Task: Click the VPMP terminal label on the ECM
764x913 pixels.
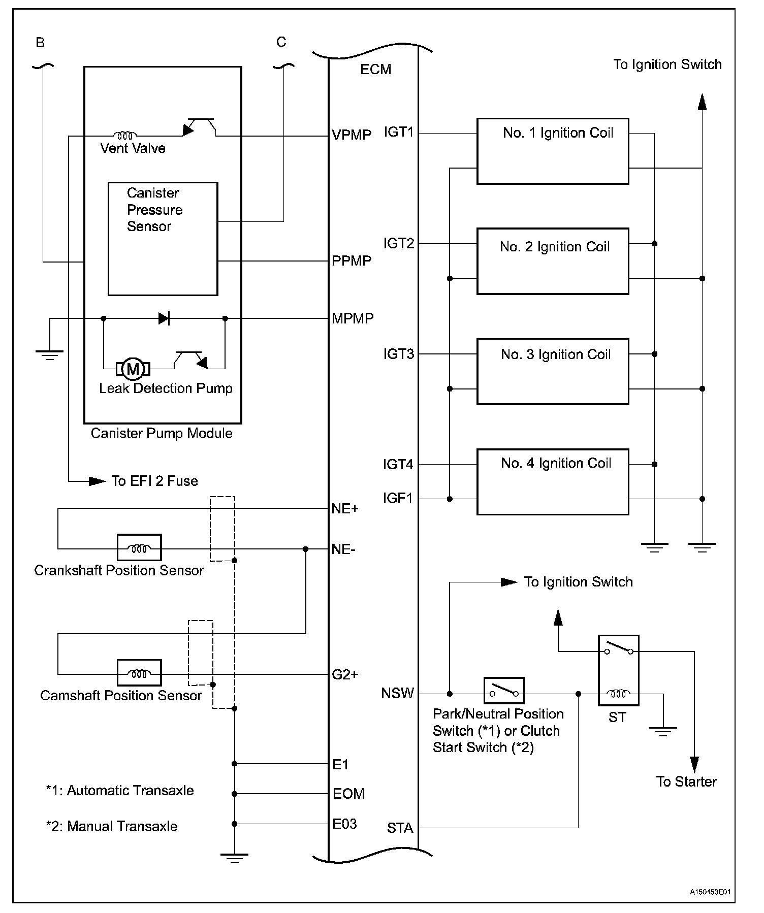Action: (x=352, y=135)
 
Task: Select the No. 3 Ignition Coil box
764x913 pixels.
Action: (x=553, y=371)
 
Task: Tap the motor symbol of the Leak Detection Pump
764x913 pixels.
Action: (x=133, y=369)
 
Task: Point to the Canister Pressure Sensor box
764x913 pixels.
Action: (x=163, y=239)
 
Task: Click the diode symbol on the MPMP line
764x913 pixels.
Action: (x=164, y=319)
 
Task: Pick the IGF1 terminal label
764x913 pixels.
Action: (x=398, y=499)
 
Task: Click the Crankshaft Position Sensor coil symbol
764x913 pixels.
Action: (x=139, y=547)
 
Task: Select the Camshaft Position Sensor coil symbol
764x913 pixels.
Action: (x=139, y=673)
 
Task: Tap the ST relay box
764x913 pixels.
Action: (x=618, y=670)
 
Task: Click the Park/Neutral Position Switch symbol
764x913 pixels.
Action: (x=503, y=691)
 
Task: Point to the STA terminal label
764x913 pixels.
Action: (x=400, y=828)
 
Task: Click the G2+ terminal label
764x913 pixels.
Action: (x=345, y=674)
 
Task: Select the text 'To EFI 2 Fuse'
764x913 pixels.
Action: (x=154, y=481)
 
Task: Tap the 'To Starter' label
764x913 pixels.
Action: (x=686, y=781)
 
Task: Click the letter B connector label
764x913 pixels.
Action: (x=40, y=43)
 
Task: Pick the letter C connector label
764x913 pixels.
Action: (x=281, y=42)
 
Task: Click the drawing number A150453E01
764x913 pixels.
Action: (x=710, y=892)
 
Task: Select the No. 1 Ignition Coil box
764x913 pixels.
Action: (x=553, y=151)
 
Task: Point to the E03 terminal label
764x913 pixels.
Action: (x=344, y=824)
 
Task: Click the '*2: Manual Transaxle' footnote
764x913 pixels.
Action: (x=112, y=826)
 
